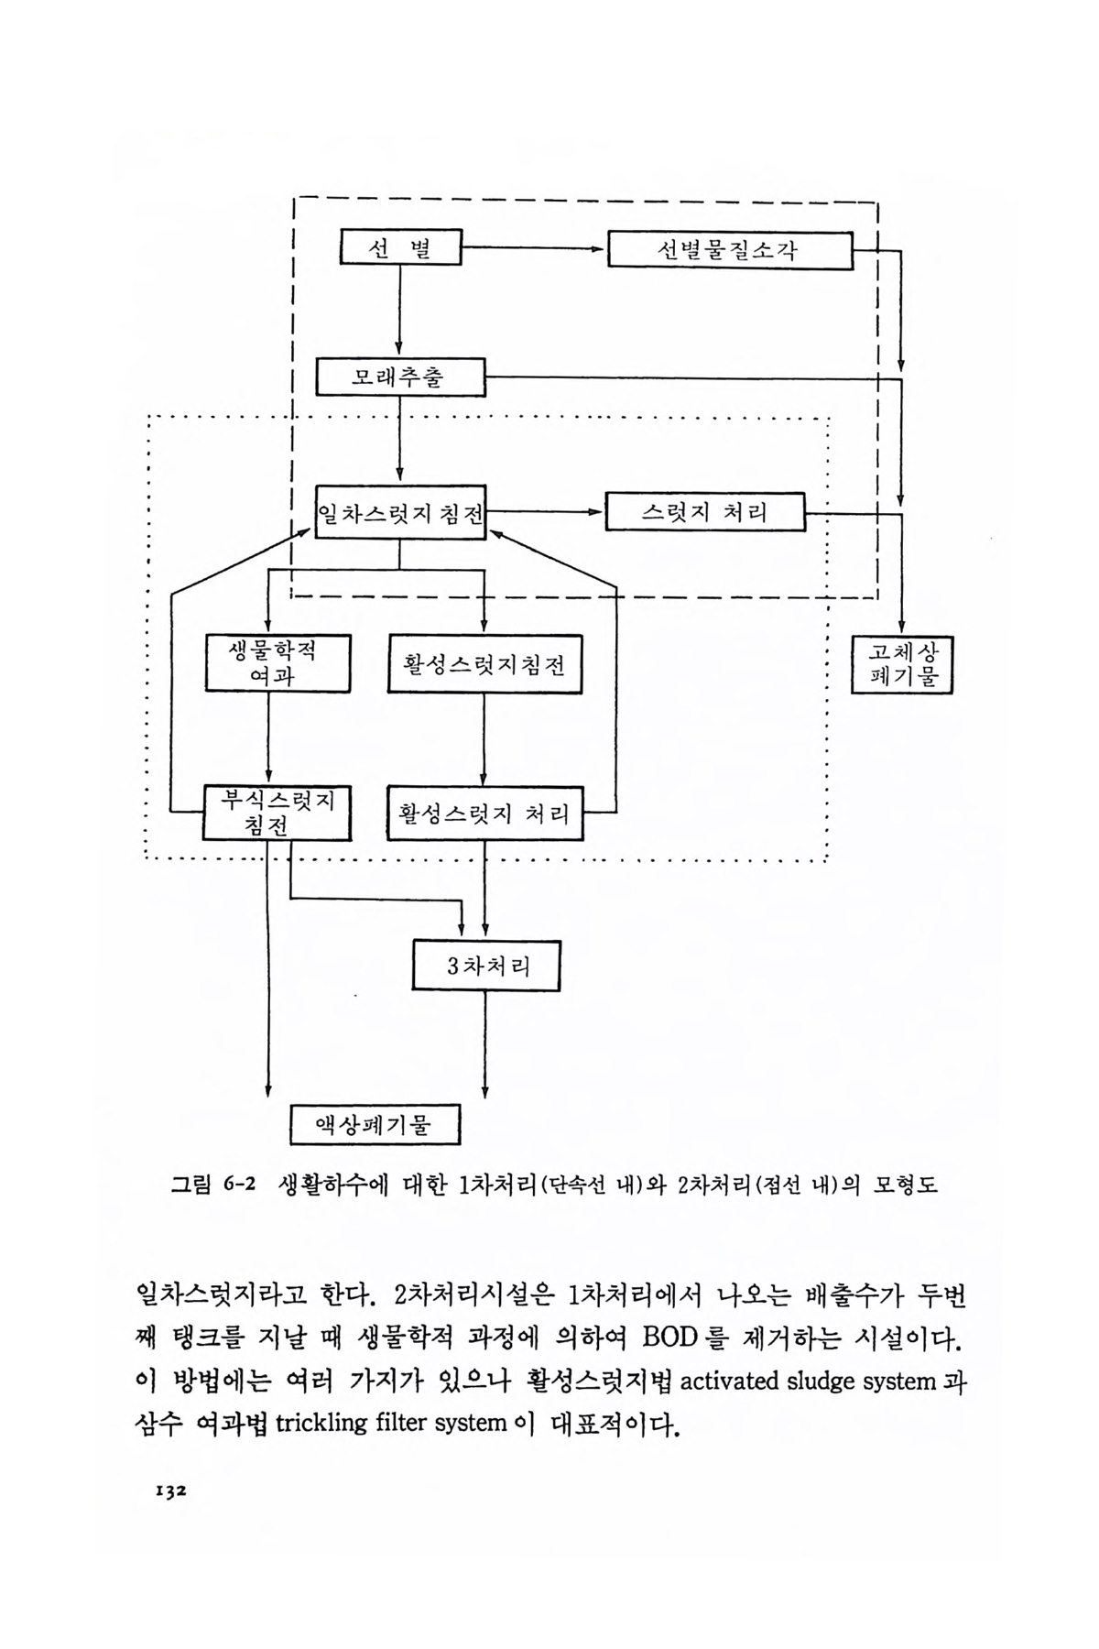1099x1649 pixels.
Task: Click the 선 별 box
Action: tap(400, 247)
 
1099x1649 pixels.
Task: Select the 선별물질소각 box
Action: tap(730, 250)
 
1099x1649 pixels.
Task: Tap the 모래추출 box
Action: tap(400, 377)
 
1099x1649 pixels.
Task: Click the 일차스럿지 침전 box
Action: tap(400, 512)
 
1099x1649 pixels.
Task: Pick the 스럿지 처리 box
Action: tap(704, 512)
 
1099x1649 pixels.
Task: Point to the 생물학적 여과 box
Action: tap(278, 662)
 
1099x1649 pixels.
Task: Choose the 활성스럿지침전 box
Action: tap(484, 663)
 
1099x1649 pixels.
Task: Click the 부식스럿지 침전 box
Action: tap(277, 813)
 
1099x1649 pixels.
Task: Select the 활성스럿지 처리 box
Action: tap(484, 813)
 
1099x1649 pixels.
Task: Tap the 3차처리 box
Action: tap(485, 965)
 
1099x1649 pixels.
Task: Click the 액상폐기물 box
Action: tap(375, 1123)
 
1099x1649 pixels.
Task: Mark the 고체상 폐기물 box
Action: tap(902, 665)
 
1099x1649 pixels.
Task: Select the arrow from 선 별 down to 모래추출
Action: tap(400, 311)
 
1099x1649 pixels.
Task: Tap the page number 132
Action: tap(169, 1491)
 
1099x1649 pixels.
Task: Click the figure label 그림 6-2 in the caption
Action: tap(207, 1185)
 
